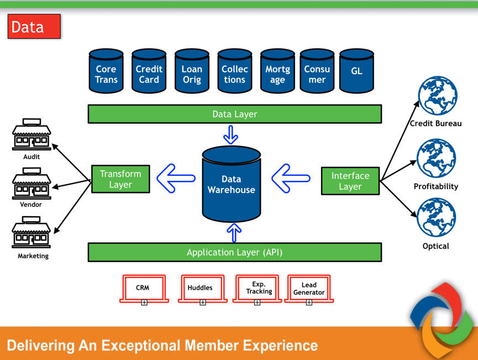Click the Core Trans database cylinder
(x=106, y=71)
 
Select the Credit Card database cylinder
(x=149, y=71)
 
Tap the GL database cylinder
(x=356, y=71)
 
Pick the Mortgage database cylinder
(x=277, y=71)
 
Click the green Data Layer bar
(x=234, y=114)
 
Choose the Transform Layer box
(x=120, y=179)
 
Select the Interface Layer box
(x=350, y=181)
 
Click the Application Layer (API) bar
(x=234, y=252)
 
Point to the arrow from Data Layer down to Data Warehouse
(x=231, y=134)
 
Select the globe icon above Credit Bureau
(x=438, y=96)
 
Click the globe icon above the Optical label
(x=437, y=218)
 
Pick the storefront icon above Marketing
(x=31, y=233)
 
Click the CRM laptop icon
(x=143, y=289)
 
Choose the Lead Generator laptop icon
(x=309, y=289)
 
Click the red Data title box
(x=34, y=27)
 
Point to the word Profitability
(x=436, y=186)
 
